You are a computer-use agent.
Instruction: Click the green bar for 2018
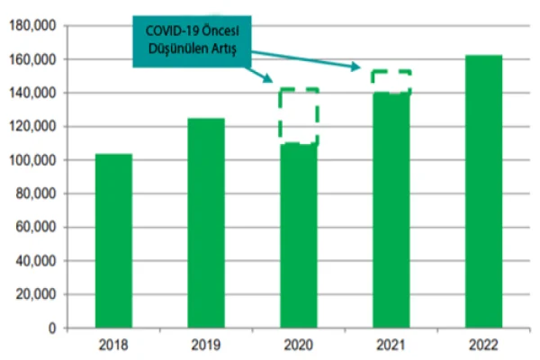113,240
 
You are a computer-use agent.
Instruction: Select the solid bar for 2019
206,222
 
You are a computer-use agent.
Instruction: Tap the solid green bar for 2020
299,235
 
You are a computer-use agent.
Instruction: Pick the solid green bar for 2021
391,210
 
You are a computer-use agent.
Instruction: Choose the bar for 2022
484,191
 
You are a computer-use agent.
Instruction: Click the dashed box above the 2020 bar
299,115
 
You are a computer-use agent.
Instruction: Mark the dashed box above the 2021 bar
391,81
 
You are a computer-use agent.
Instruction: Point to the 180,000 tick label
32,26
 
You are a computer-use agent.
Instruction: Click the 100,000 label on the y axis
32,160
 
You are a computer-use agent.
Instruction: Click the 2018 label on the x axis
113,345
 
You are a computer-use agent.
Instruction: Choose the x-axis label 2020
299,345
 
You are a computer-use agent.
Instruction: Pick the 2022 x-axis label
484,345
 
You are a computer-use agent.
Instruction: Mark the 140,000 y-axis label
32,94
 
